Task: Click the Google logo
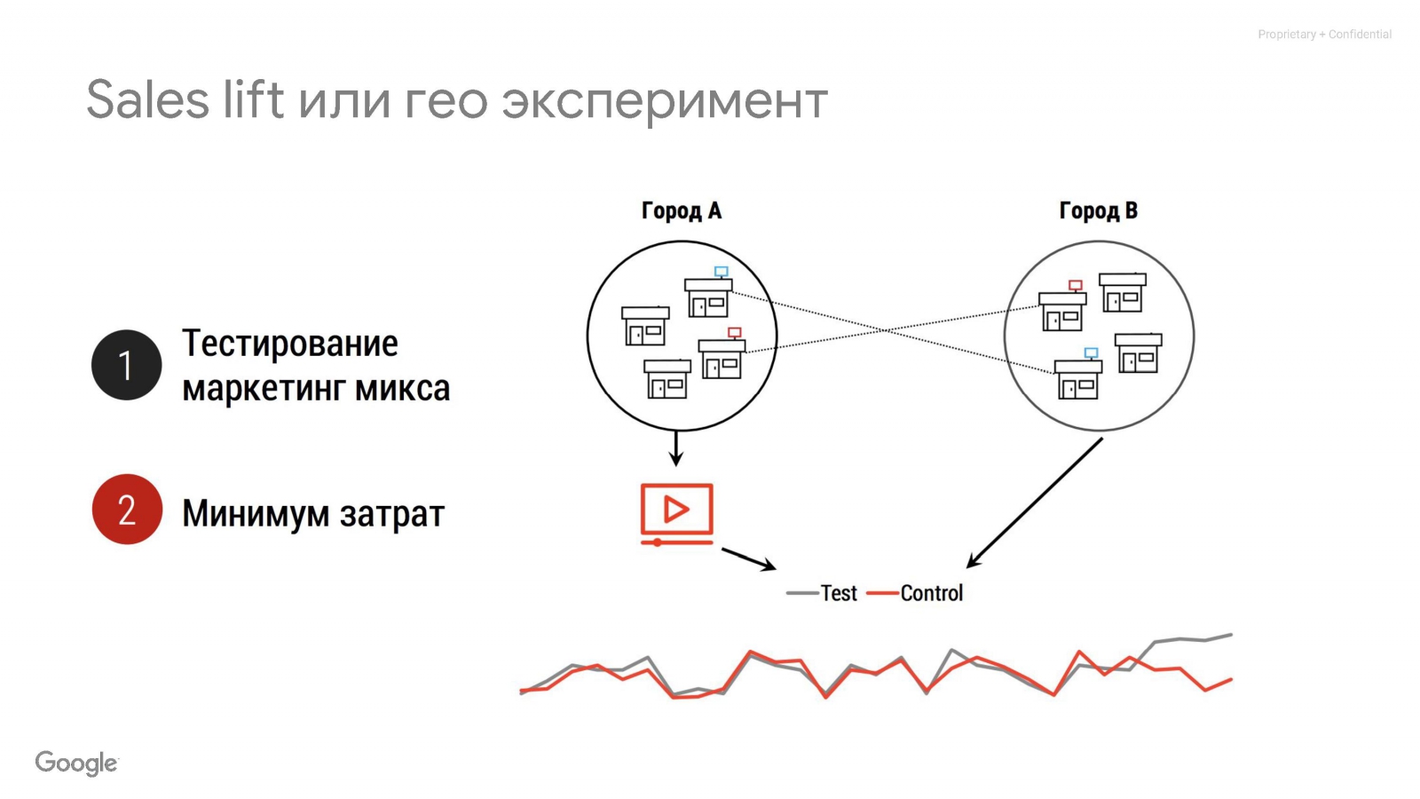click(76, 763)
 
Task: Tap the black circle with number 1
click(127, 365)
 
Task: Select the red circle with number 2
click(127, 509)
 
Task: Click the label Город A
click(682, 210)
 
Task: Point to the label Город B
click(1098, 210)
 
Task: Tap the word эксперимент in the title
click(665, 100)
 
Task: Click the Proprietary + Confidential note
click(1324, 35)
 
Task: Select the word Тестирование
click(290, 344)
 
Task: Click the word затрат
click(392, 514)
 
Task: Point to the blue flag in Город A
click(722, 272)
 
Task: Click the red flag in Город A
click(735, 333)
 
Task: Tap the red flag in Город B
click(1076, 285)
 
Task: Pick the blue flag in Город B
click(1091, 352)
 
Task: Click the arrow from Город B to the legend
click(1034, 502)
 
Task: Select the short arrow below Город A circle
click(676, 447)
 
